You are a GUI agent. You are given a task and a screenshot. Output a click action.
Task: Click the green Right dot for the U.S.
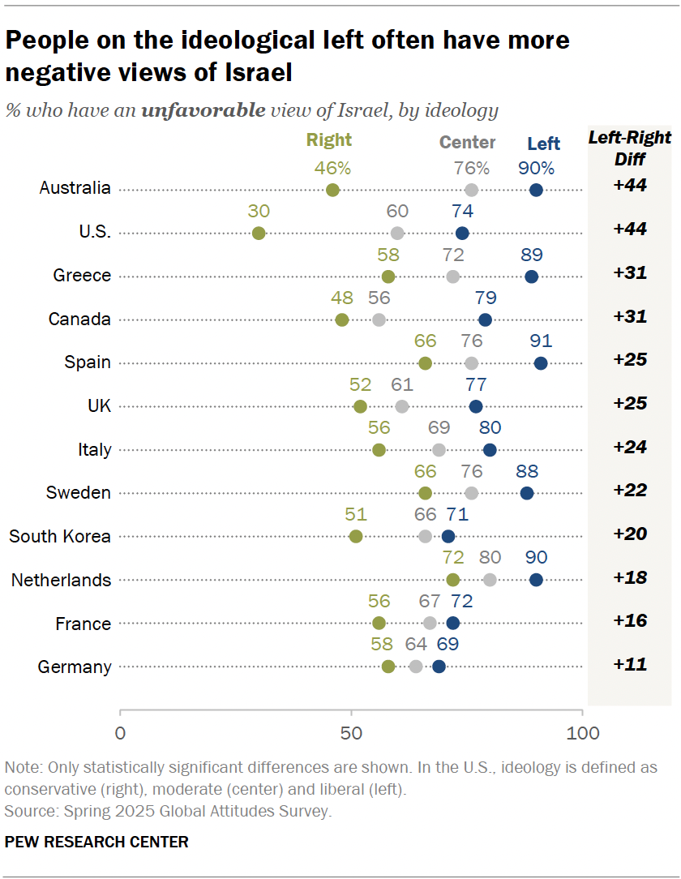(x=259, y=234)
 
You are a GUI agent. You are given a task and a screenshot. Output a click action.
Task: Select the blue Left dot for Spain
(x=541, y=363)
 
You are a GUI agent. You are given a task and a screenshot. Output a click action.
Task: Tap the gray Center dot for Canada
(x=379, y=319)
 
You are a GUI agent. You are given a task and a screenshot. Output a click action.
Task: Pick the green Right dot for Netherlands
(x=453, y=580)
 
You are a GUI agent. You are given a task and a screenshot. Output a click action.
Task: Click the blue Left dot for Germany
(x=439, y=667)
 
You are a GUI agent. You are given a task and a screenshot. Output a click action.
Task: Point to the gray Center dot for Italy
(x=439, y=450)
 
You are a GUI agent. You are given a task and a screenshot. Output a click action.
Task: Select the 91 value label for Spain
(x=541, y=341)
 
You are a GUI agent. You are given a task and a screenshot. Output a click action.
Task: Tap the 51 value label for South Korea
(x=355, y=514)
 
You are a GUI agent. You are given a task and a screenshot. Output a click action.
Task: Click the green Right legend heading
(x=329, y=139)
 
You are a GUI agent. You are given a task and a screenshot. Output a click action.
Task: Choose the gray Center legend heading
(x=467, y=143)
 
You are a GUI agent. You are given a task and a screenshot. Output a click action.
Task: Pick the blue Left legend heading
(x=543, y=144)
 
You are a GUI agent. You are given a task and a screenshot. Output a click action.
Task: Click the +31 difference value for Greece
(x=630, y=272)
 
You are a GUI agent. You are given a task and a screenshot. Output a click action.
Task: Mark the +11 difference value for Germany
(x=630, y=665)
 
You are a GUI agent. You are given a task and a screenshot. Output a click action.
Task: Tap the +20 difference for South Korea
(x=630, y=534)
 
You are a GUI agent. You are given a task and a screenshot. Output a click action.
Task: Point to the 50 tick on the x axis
(x=351, y=733)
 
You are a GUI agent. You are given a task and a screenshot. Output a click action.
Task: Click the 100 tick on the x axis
(x=582, y=733)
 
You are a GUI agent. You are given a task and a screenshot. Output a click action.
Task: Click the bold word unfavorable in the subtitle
(x=203, y=110)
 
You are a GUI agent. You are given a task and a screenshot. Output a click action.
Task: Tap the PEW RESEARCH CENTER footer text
(x=96, y=842)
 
